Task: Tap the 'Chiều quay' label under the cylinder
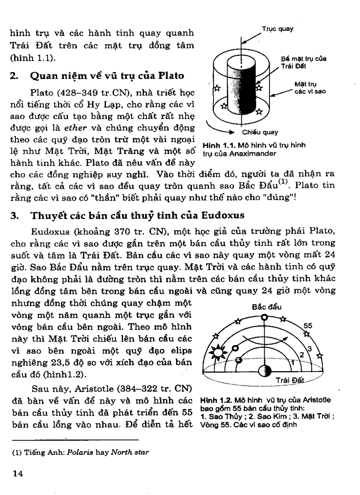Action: (x=260, y=131)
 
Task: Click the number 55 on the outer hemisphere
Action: (x=308, y=326)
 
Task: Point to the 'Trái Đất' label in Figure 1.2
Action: (x=288, y=380)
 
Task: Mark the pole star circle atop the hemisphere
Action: (x=264, y=317)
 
